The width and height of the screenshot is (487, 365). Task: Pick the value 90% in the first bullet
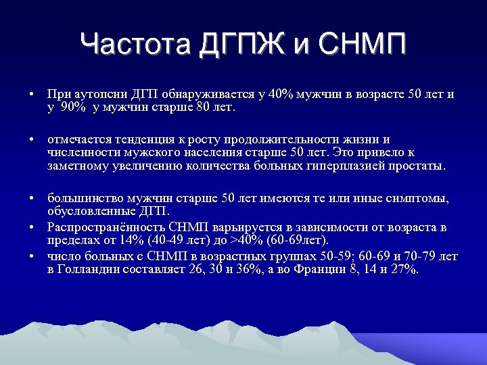73,107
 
